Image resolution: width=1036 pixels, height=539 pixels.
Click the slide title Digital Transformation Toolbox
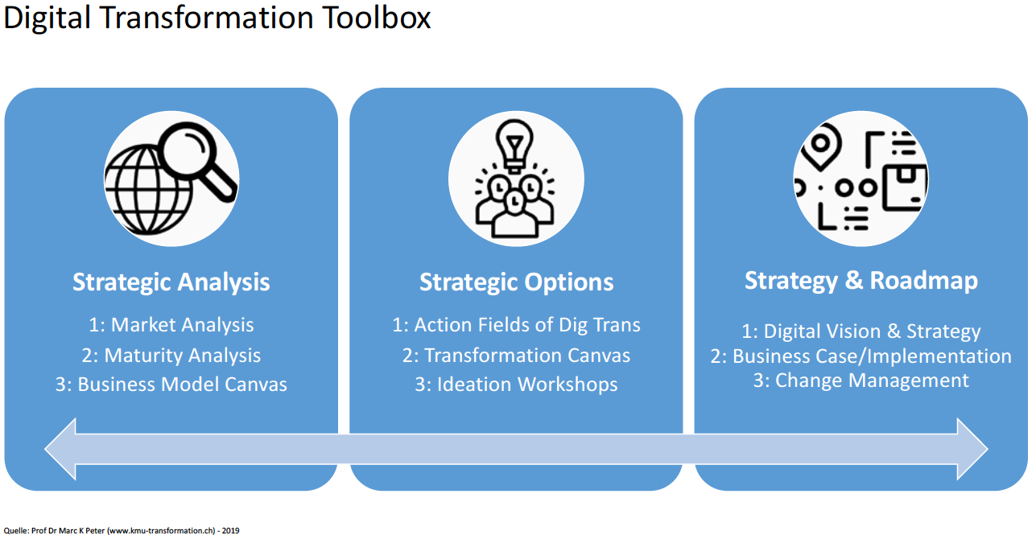(217, 19)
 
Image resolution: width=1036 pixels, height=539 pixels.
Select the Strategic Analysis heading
(171, 282)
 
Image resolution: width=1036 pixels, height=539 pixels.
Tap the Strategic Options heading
(516, 282)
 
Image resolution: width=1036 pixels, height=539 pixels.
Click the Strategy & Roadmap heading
(861, 281)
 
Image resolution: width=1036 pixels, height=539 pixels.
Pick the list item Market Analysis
(171, 325)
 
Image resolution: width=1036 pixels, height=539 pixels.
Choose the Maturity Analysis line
(171, 355)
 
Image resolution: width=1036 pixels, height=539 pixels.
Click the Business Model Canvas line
(171, 385)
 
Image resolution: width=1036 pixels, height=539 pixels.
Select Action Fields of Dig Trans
(516, 325)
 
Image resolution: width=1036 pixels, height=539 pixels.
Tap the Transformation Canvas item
(516, 355)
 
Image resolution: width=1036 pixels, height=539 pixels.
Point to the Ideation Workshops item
(516, 385)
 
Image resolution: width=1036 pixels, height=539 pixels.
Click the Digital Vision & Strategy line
(861, 331)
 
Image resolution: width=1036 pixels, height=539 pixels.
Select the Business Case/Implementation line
(861, 356)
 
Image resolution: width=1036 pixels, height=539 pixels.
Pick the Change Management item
(861, 380)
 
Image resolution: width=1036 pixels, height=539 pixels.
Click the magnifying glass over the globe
(197, 154)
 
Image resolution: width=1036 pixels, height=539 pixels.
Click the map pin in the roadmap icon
(820, 146)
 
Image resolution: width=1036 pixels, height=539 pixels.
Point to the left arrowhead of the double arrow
(60, 449)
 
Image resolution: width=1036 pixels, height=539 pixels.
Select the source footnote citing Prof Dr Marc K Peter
(122, 531)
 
